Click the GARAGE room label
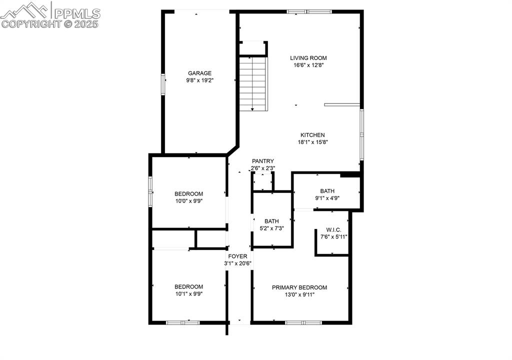click(x=199, y=73)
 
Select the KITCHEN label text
click(x=312, y=135)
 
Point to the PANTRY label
click(x=263, y=161)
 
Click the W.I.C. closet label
click(x=333, y=229)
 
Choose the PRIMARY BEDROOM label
click(x=299, y=287)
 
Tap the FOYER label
click(x=238, y=256)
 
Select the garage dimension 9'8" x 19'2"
click(x=199, y=80)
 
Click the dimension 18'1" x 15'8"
click(x=312, y=142)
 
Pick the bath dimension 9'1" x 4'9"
click(x=327, y=198)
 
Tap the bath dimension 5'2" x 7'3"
click(x=271, y=228)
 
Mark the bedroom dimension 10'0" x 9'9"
click(x=188, y=201)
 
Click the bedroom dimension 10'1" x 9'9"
click(x=188, y=294)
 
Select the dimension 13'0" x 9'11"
click(x=299, y=294)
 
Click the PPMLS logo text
click(x=77, y=13)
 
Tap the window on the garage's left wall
click(x=162, y=84)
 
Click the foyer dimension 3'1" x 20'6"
click(x=238, y=263)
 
